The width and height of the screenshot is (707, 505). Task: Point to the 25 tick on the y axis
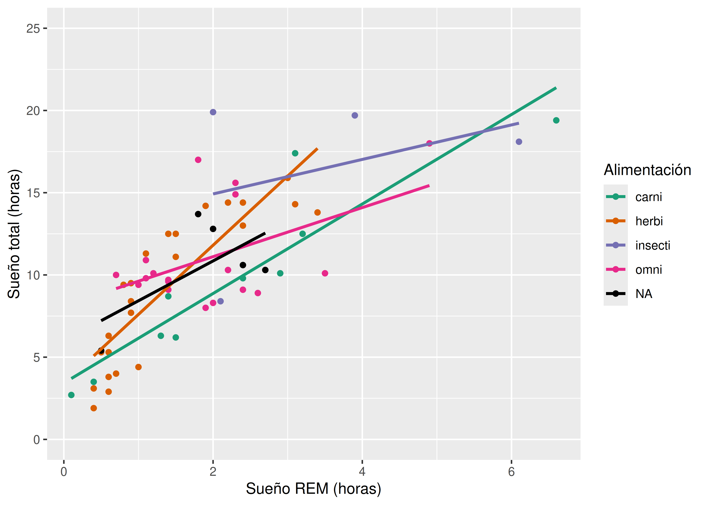[x=33, y=29]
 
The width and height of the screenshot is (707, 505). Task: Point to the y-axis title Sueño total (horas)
[x=14, y=234]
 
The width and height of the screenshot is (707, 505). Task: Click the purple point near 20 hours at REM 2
[x=213, y=112]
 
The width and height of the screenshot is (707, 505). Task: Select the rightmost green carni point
[x=556, y=120]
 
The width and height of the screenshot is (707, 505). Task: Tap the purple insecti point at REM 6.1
[x=519, y=142]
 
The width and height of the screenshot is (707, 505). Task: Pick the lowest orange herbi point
[x=94, y=408]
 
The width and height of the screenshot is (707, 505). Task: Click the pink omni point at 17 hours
[x=198, y=160]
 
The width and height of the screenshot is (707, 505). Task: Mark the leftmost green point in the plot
[x=71, y=395]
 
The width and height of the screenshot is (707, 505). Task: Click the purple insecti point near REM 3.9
[x=355, y=115]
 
